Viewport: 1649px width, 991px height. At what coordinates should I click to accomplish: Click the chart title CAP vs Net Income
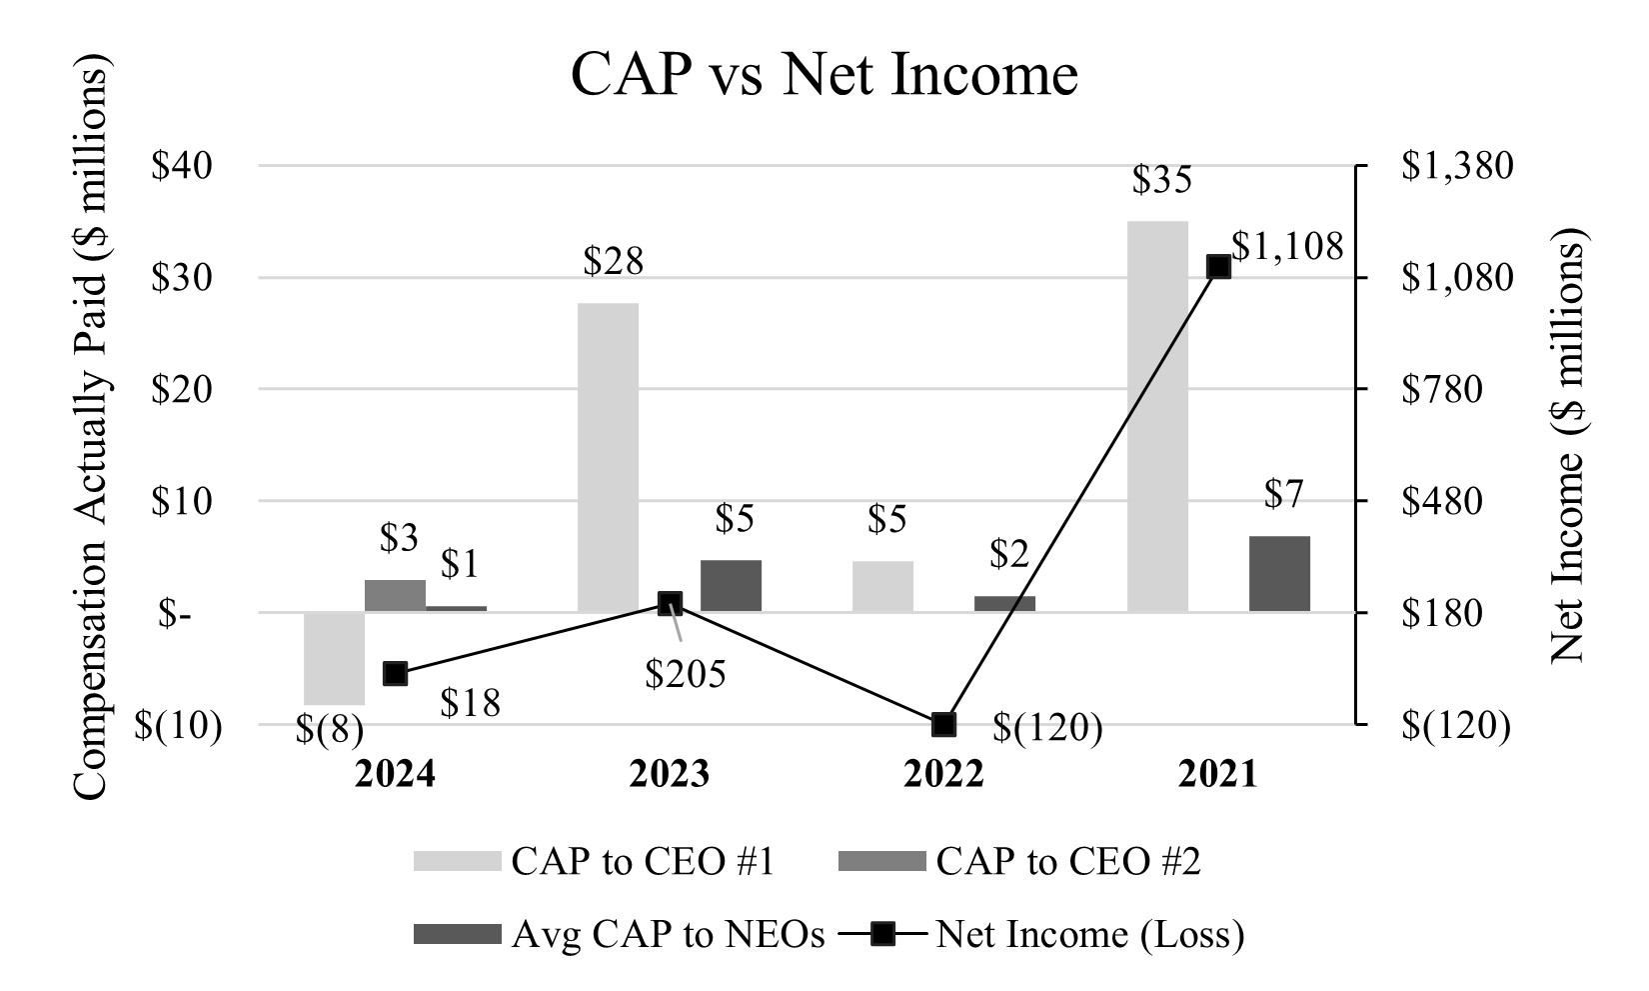click(x=824, y=74)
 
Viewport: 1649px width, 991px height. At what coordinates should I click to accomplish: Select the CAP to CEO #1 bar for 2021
click(x=1157, y=416)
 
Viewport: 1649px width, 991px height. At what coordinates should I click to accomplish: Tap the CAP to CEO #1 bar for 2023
click(x=608, y=457)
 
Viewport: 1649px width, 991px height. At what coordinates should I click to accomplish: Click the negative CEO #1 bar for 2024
click(x=334, y=658)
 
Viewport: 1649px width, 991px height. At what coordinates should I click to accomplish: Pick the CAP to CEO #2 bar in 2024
click(x=395, y=595)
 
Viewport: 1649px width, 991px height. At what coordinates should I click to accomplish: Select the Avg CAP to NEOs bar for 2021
click(x=1279, y=574)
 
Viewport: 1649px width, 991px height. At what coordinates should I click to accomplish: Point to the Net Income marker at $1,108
click(x=1218, y=266)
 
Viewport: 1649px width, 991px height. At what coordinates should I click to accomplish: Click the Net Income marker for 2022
click(x=943, y=724)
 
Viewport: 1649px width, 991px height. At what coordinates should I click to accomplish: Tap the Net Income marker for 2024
click(x=395, y=673)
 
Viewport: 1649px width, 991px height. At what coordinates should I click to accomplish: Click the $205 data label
click(x=685, y=675)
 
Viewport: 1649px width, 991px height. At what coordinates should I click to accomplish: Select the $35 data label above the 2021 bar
click(x=1161, y=181)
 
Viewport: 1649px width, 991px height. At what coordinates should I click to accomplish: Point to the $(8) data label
click(x=329, y=730)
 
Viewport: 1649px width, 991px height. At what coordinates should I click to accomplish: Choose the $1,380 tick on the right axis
click(x=1456, y=166)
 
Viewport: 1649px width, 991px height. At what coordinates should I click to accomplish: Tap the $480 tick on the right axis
click(x=1441, y=501)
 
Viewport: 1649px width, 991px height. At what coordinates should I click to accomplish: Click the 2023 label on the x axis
click(x=669, y=774)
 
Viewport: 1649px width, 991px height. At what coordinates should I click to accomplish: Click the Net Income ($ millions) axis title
click(x=1568, y=450)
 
